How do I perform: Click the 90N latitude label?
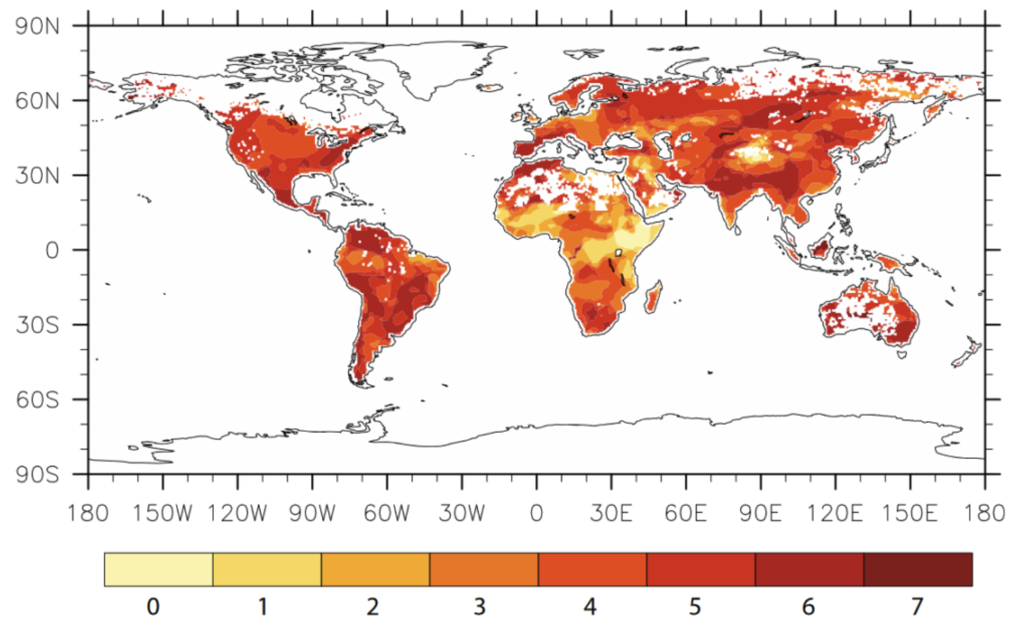pos(37,27)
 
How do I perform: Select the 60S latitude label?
pos(37,400)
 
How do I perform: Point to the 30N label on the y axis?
pos(37,175)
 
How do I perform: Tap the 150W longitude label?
pos(162,513)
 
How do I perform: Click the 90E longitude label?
pos(760,513)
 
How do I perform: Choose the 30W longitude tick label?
pos(461,513)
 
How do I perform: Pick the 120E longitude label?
pos(835,513)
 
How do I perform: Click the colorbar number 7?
pos(917,606)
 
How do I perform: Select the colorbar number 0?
pos(153,606)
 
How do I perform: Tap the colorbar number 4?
pos(590,606)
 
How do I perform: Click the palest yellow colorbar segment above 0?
pos(159,569)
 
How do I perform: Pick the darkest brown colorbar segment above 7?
pos(917,569)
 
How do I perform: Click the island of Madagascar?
pos(653,298)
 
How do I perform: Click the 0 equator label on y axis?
pos(52,250)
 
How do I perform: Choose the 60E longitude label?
pos(685,513)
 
